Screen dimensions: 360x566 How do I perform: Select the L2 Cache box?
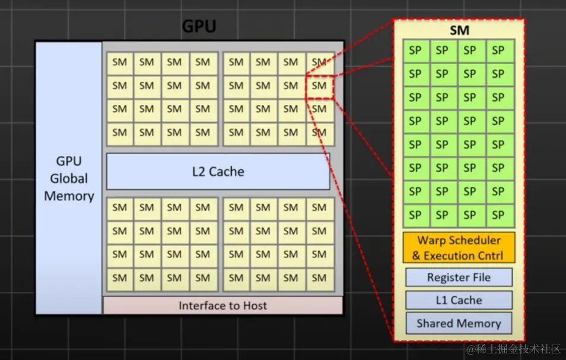218,172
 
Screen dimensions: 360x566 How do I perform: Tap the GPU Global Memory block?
69,178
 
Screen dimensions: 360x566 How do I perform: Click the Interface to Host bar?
222,306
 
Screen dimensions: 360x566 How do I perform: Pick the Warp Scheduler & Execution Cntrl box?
459,248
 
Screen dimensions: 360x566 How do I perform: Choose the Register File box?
459,277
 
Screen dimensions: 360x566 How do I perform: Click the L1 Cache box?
459,300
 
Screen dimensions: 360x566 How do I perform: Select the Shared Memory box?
459,323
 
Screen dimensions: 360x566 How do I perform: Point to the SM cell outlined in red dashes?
319,85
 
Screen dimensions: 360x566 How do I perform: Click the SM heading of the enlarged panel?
459,30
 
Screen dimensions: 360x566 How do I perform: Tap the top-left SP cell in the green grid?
415,51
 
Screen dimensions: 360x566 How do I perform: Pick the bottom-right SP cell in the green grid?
498,214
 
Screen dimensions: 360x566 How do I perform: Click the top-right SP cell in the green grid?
498,51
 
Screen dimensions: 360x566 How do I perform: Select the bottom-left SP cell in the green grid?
415,214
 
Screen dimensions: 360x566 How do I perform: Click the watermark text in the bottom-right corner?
513,349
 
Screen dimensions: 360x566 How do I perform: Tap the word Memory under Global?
69,196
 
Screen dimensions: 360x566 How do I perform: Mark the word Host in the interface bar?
253,306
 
